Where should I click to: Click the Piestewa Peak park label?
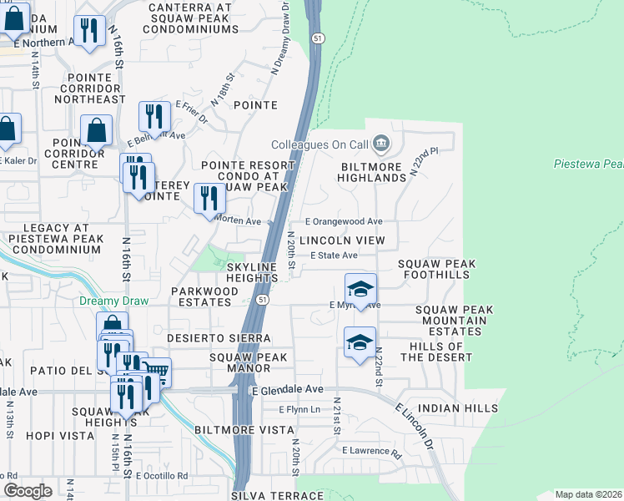[x=589, y=164]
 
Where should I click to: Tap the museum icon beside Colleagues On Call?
[x=381, y=144]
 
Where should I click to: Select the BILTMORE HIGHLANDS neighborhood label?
[x=372, y=172]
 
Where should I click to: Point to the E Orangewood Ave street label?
[x=343, y=221]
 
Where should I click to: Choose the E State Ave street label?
[x=334, y=256]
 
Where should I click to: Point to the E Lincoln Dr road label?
[x=415, y=426]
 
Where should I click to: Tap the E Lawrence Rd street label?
[x=371, y=451]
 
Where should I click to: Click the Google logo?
[x=28, y=490]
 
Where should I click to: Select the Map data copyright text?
[x=589, y=494]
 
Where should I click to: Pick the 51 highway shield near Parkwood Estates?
[x=263, y=299]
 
